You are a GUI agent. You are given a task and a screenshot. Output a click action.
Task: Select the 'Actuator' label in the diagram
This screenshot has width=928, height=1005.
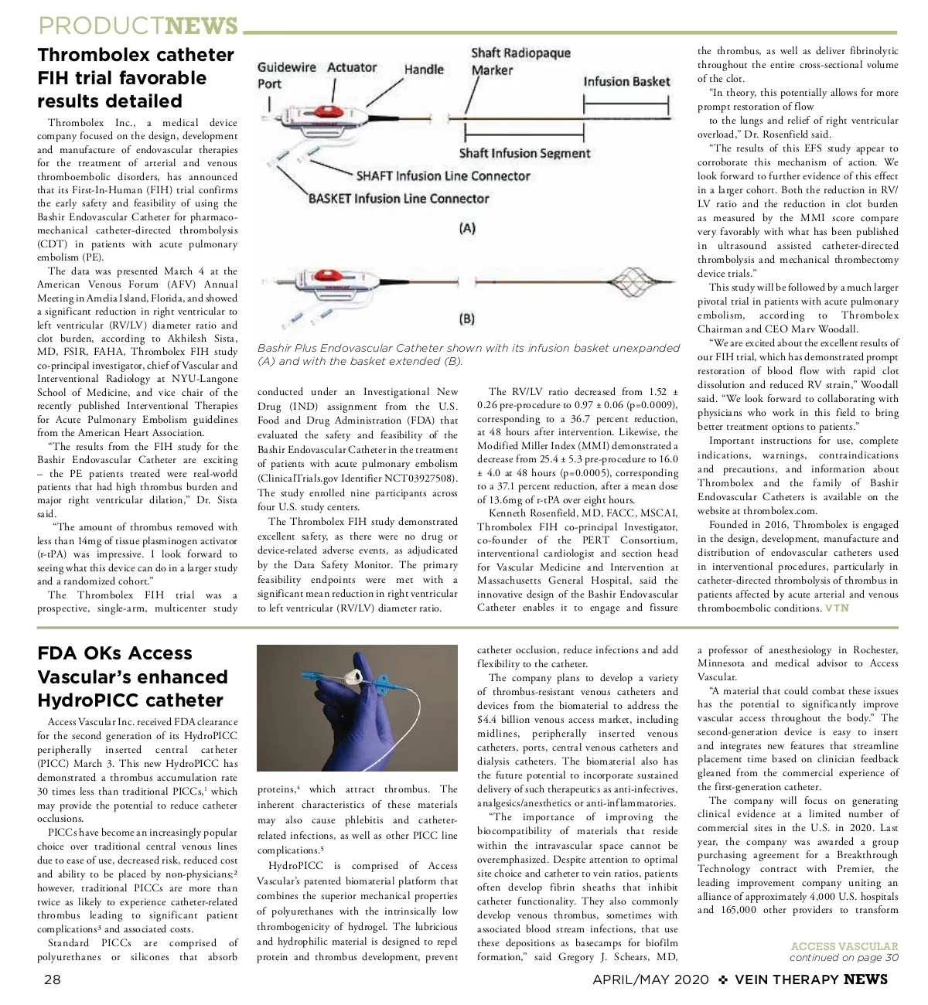click(x=352, y=67)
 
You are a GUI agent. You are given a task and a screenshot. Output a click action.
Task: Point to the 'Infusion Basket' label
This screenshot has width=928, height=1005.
click(x=626, y=81)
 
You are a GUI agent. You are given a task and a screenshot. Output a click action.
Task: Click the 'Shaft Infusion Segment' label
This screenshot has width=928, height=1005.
click(x=524, y=153)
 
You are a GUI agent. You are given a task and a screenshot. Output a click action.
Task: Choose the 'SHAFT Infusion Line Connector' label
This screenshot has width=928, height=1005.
click(x=443, y=175)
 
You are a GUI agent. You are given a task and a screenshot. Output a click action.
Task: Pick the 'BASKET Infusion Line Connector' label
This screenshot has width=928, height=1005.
click(x=398, y=198)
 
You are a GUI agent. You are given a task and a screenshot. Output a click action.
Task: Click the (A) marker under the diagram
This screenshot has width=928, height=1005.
click(x=467, y=228)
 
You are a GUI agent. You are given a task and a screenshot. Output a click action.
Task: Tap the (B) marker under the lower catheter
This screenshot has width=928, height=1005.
click(x=467, y=319)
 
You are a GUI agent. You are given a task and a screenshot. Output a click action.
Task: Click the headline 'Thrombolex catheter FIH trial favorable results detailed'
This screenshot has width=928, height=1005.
click(x=135, y=78)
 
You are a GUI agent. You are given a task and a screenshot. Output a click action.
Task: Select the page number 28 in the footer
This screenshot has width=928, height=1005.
click(x=52, y=979)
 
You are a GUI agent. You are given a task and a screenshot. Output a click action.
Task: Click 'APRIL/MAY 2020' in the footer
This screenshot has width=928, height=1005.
click(x=650, y=979)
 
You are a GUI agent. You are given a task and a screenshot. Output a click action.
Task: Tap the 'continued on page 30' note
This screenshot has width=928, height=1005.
click(x=844, y=958)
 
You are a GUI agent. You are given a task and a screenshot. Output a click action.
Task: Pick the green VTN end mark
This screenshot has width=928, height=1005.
click(x=837, y=608)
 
